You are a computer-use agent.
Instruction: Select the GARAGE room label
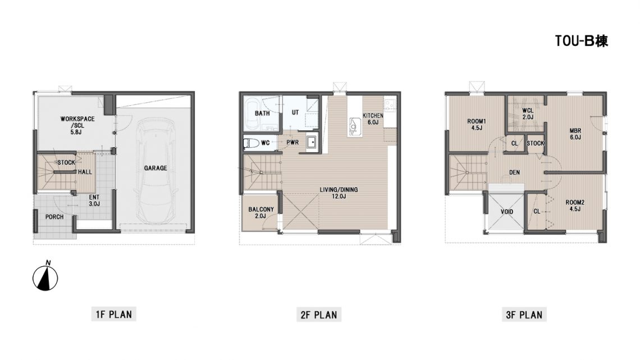tap(156, 168)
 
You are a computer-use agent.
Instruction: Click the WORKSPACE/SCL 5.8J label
tap(77, 125)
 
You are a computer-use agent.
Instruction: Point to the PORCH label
tap(54, 217)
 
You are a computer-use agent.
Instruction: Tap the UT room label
tap(295, 112)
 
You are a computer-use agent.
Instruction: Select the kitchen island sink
tap(354, 126)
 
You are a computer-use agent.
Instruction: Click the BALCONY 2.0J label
tap(261, 213)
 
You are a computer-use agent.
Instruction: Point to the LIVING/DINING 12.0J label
tap(339, 193)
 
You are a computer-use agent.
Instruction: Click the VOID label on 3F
tap(507, 212)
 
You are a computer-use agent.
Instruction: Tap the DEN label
tap(514, 172)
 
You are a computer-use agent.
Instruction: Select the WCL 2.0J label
tap(528, 114)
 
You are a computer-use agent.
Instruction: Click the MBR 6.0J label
tap(575, 134)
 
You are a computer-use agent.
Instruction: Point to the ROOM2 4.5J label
tap(575, 206)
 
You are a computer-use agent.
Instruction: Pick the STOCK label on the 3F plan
tap(535, 143)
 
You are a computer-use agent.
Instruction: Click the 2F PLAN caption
tap(319, 315)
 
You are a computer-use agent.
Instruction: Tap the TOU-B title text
tap(581, 41)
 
